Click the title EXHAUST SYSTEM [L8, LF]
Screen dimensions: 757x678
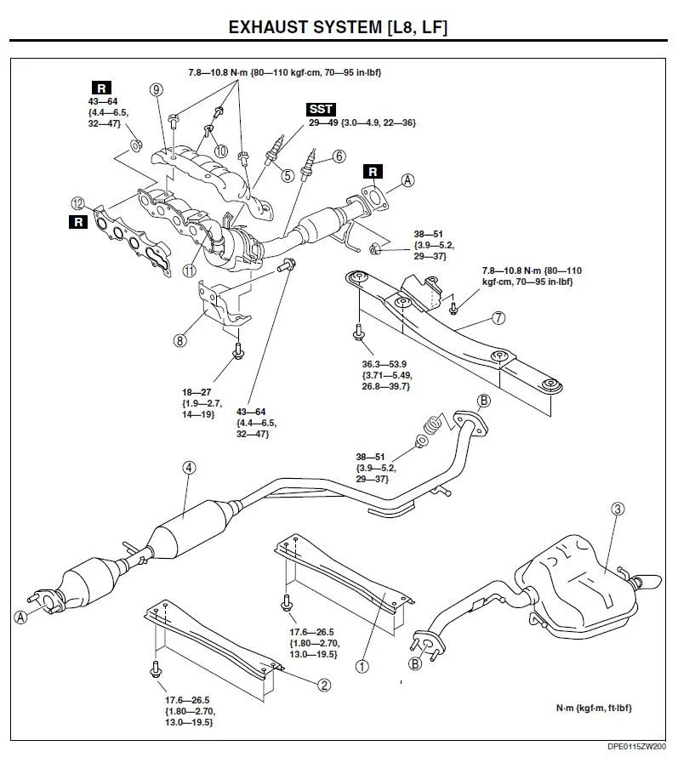point(339,27)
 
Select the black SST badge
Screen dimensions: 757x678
point(322,111)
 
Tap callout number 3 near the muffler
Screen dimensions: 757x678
point(618,509)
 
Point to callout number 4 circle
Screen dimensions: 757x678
point(189,467)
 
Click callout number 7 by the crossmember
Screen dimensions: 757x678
point(499,318)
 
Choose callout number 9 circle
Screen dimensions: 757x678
point(156,90)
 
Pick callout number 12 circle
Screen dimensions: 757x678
point(79,203)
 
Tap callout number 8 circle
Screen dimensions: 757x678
point(179,341)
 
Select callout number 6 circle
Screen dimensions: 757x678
point(339,157)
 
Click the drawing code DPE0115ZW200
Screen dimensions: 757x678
point(636,746)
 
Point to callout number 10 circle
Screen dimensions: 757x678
point(220,151)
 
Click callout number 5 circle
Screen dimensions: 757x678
point(288,176)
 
